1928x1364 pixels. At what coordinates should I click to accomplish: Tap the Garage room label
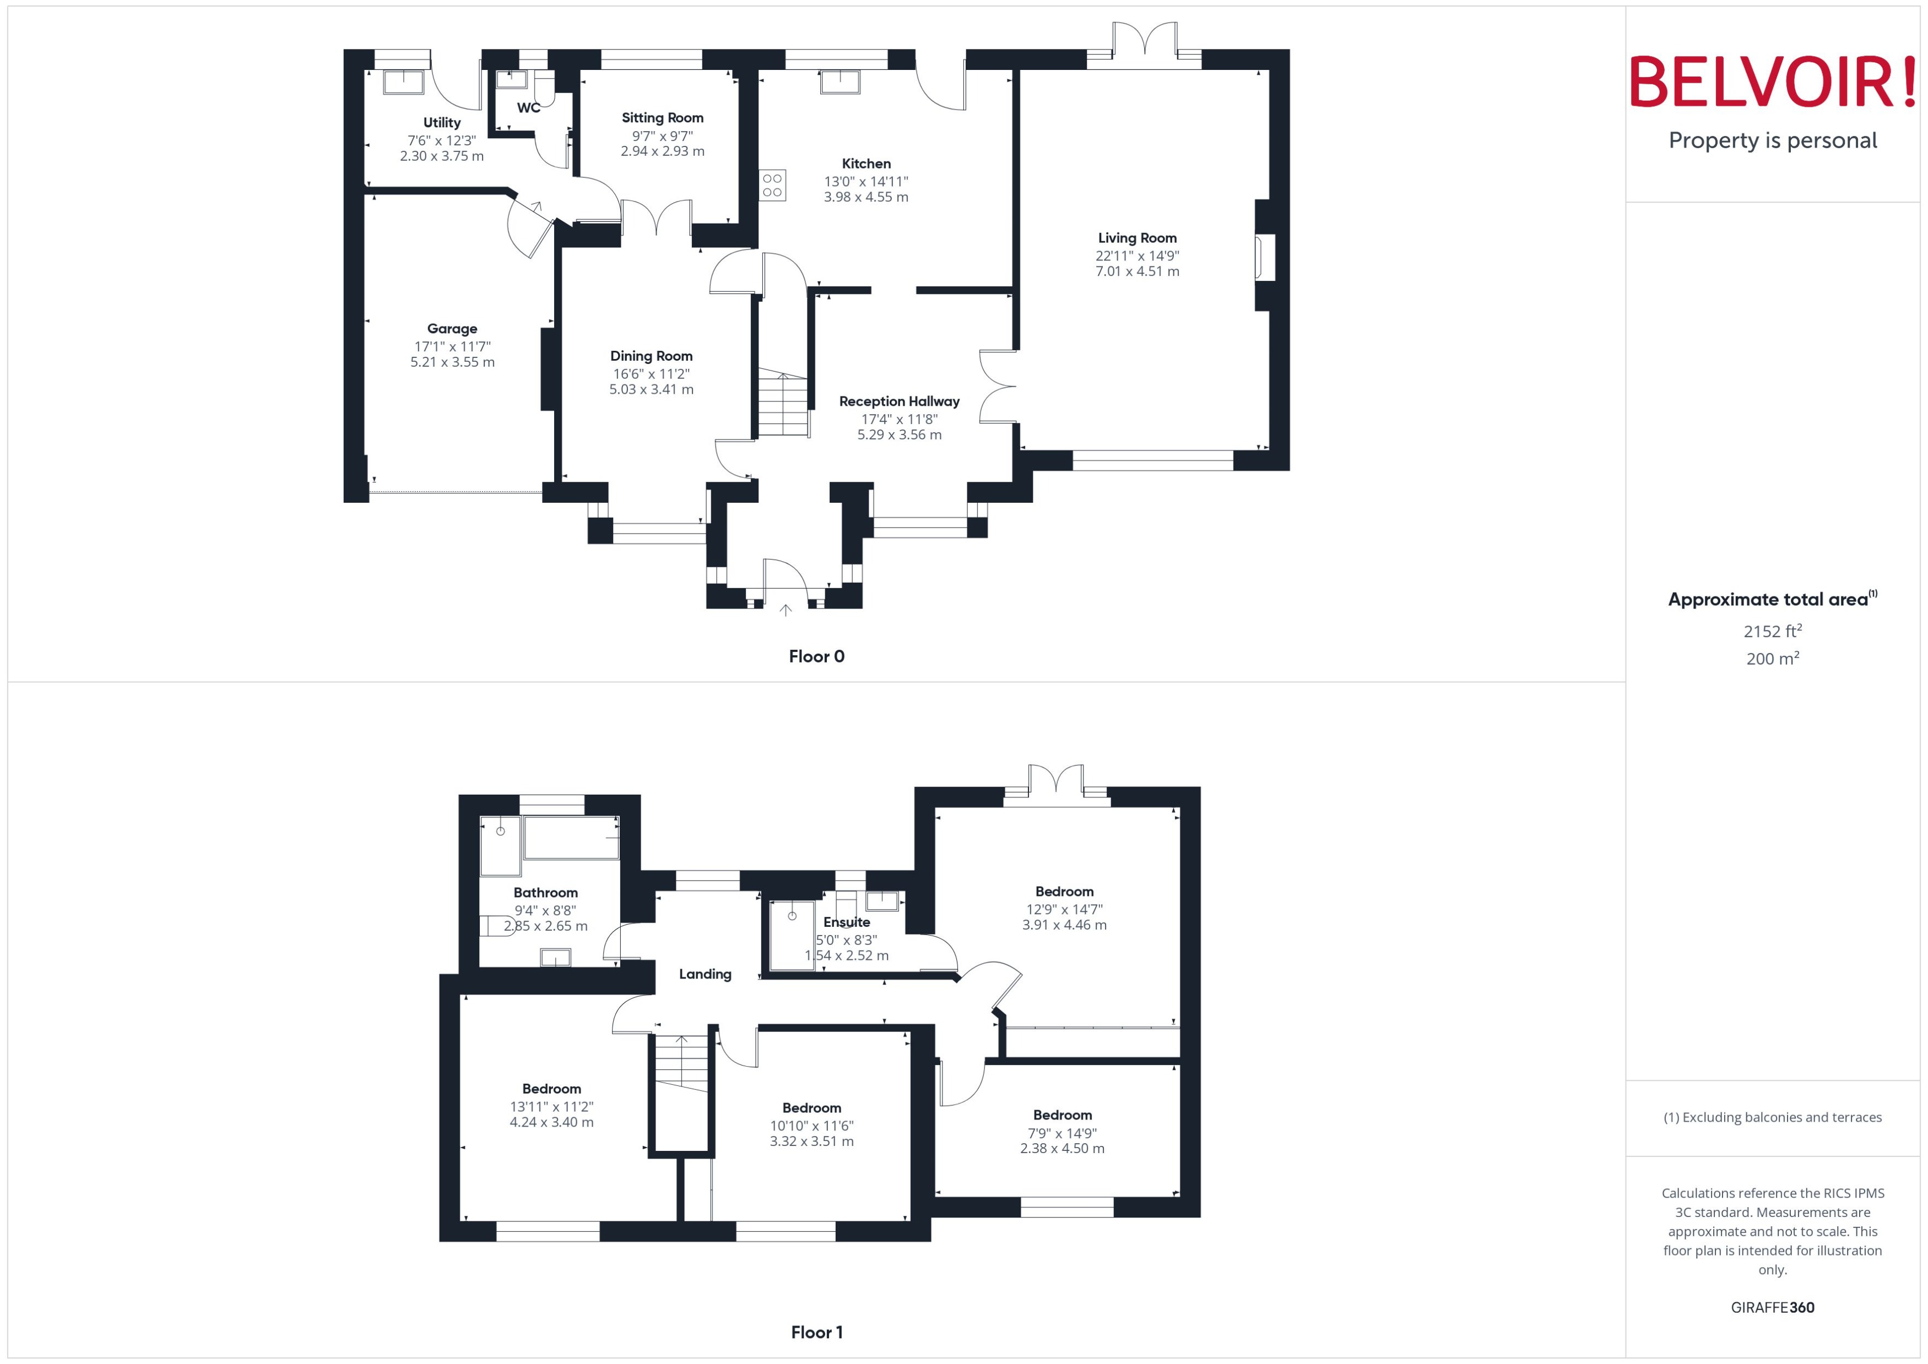point(452,328)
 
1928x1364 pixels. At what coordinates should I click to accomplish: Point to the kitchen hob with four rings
point(772,186)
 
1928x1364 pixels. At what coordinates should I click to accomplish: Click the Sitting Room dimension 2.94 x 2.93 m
point(662,151)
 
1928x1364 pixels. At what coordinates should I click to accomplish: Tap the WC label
point(528,107)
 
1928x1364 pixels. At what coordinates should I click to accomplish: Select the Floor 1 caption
point(816,1332)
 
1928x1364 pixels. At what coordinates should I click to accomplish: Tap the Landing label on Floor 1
point(705,974)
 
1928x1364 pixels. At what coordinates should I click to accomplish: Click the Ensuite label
point(846,922)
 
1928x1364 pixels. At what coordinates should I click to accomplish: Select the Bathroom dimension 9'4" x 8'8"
point(545,910)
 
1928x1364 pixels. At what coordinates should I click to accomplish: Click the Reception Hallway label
point(899,401)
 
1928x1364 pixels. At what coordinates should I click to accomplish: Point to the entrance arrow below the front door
point(786,611)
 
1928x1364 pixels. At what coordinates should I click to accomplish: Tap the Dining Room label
point(651,356)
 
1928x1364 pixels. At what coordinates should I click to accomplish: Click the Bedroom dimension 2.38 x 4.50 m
point(1062,1148)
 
